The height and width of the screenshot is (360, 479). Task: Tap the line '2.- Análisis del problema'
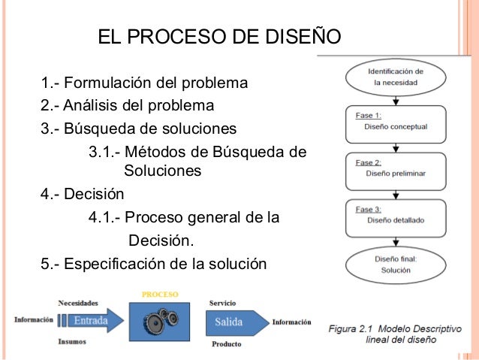click(x=128, y=104)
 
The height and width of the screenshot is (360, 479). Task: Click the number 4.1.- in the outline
click(x=104, y=218)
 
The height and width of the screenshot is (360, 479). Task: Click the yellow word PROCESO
click(x=159, y=292)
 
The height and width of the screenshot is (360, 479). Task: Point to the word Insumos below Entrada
click(x=73, y=341)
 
